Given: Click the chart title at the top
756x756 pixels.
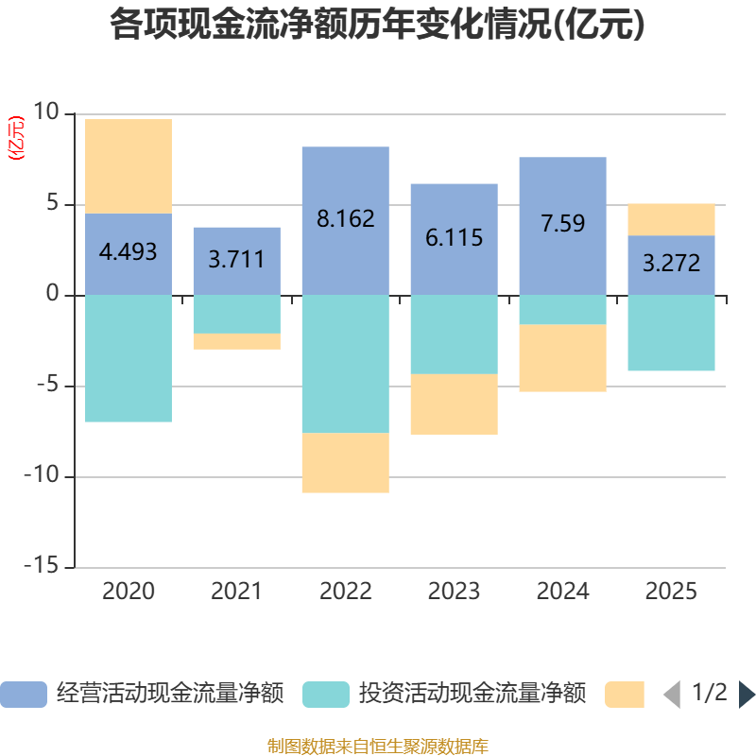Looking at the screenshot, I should pyautogui.click(x=377, y=26).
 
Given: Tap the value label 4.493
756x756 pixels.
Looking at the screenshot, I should pyautogui.click(x=128, y=252).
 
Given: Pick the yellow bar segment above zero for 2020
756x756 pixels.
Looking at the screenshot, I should pyautogui.click(x=128, y=165).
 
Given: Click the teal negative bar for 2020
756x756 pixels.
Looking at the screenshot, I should pyautogui.click(x=128, y=358).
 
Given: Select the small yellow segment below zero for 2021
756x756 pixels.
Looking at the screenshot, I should pyautogui.click(x=236, y=341).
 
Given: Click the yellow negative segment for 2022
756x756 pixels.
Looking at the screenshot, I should pyautogui.click(x=345, y=462).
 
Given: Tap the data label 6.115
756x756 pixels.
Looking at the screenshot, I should pyautogui.click(x=454, y=237).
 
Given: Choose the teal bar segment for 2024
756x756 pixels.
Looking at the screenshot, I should pyautogui.click(x=562, y=309).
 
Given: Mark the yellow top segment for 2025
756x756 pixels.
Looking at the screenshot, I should pyautogui.click(x=671, y=218).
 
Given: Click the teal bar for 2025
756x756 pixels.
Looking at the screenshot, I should pyautogui.click(x=671, y=333).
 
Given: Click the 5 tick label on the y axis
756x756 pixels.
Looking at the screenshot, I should pyautogui.click(x=53, y=204).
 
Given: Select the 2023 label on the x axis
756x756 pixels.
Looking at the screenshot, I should pyautogui.click(x=454, y=592).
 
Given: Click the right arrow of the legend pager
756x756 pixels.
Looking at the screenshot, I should pyautogui.click(x=747, y=695).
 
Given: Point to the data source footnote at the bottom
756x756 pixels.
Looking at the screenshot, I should pyautogui.click(x=377, y=746).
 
